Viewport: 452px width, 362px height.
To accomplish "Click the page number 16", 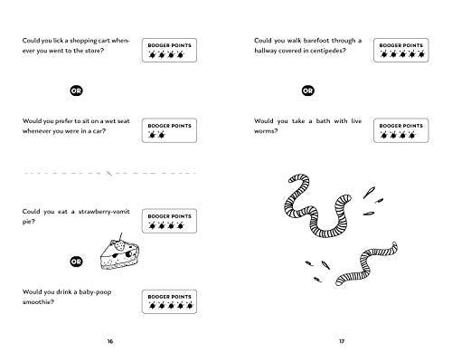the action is (110, 341).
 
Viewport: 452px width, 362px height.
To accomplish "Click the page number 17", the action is (342, 341).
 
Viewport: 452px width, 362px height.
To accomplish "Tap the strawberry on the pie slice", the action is (120, 246).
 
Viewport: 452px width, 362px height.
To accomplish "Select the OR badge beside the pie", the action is (76, 262).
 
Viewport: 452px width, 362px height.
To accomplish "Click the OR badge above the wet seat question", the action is (76, 90).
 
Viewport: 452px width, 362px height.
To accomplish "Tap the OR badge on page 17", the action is (307, 90).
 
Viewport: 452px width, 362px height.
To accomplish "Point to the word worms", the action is (266, 131).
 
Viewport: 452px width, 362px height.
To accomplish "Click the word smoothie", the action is (38, 301).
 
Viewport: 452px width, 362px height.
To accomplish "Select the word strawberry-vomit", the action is (104, 212).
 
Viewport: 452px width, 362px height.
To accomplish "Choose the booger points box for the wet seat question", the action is (169, 130).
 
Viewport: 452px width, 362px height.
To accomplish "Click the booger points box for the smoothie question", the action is (169, 301).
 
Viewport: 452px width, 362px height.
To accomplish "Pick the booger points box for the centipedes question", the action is (400, 50).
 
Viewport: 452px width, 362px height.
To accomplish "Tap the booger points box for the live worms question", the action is (400, 130).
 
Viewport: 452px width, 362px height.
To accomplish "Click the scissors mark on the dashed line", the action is (109, 173).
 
